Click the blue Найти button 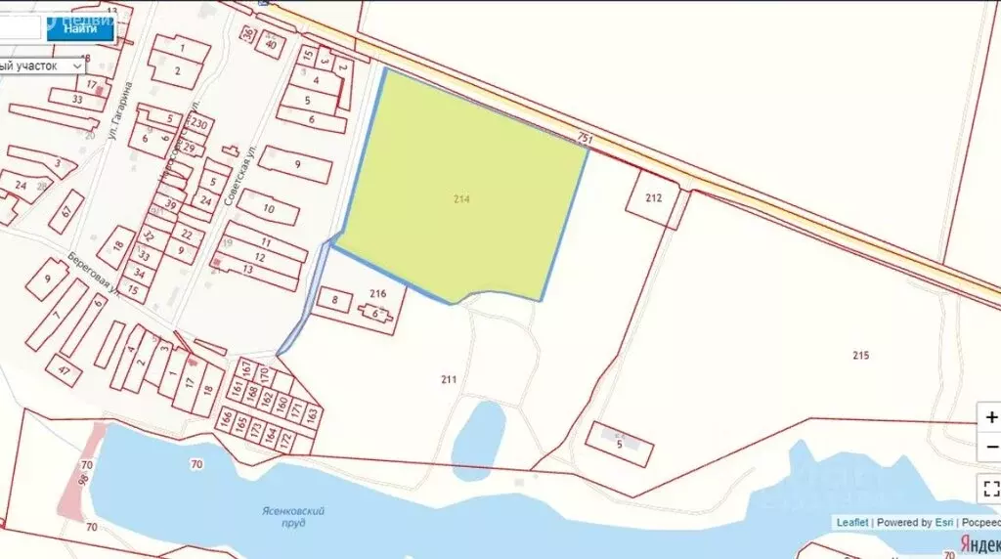(80, 28)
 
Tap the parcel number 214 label (462, 198)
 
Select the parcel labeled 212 (655, 198)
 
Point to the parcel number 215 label (860, 355)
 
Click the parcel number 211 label (449, 379)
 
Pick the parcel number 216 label (379, 293)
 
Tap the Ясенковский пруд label (293, 516)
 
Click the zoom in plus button (990, 417)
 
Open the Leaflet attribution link (851, 522)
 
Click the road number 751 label (585, 140)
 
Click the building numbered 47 (65, 370)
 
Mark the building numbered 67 (66, 211)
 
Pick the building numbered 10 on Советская (268, 208)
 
